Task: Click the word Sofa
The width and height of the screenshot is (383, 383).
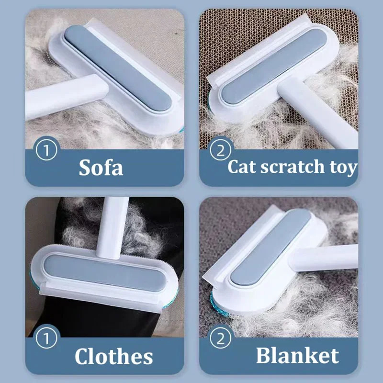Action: pyautogui.click(x=101, y=168)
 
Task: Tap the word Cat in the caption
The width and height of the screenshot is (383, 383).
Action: pyautogui.click(x=242, y=167)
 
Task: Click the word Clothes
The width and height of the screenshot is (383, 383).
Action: pyautogui.click(x=113, y=356)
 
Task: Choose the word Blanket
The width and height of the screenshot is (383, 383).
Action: pyautogui.click(x=297, y=355)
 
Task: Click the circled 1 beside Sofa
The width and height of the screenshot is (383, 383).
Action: pyautogui.click(x=46, y=150)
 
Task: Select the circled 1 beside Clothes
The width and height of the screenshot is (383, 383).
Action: pyautogui.click(x=46, y=339)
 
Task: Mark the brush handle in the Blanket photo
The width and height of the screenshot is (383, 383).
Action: pyautogui.click(x=330, y=256)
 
